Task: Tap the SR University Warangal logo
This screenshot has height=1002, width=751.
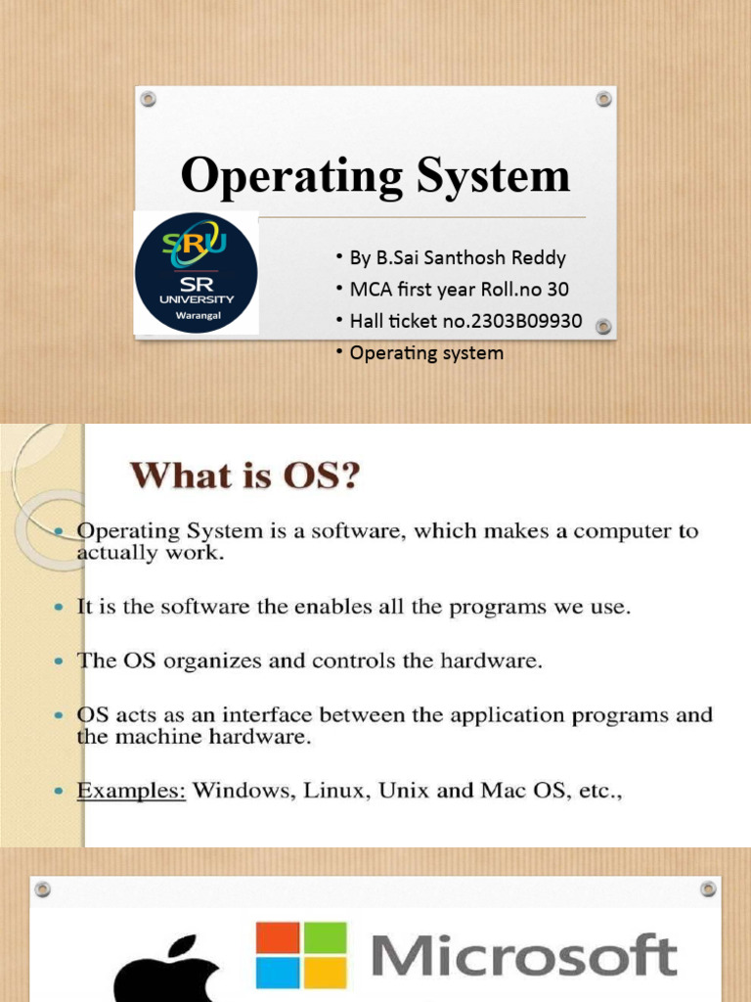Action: (196, 273)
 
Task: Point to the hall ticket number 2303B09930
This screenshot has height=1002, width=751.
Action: (512, 321)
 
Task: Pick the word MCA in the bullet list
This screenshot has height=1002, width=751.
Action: (368, 290)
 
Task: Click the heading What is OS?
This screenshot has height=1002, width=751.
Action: (246, 477)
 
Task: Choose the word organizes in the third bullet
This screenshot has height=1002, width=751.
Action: (201, 660)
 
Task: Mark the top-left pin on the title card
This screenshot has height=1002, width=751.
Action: (148, 99)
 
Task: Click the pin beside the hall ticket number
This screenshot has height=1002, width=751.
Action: (604, 326)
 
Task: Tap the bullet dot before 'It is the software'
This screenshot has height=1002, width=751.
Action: (59, 608)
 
